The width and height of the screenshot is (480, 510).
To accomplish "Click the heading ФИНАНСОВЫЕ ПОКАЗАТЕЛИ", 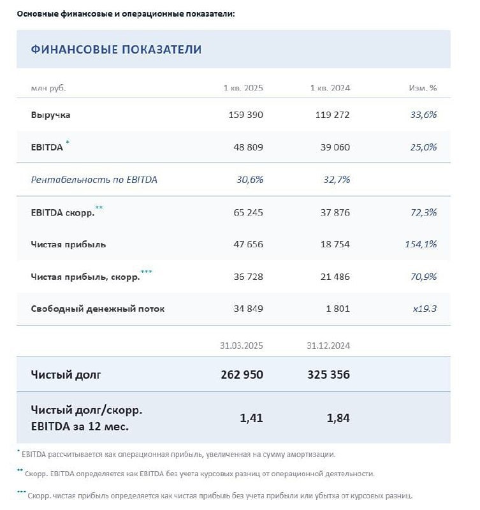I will [x=116, y=49].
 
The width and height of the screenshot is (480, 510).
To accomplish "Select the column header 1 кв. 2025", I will [x=243, y=88].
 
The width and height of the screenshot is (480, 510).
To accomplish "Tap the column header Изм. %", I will [x=423, y=88].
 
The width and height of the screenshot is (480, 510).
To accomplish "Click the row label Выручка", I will [x=50, y=115].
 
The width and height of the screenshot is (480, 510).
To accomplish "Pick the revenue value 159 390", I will [x=245, y=115].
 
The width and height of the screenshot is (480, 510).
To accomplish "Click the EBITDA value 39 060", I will [x=333, y=147].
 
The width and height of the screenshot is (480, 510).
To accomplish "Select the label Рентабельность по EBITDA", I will [x=94, y=180].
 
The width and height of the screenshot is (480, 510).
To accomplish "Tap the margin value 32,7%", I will [x=336, y=180].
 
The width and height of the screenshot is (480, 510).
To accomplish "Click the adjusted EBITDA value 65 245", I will [x=245, y=212].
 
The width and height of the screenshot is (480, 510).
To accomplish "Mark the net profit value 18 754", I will [x=333, y=244].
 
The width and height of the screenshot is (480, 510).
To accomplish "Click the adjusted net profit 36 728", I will [x=245, y=277].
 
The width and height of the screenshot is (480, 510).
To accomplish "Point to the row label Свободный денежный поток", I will [x=98, y=309].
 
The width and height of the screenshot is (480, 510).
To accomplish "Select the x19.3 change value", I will [x=425, y=309].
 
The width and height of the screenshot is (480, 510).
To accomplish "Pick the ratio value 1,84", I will [x=337, y=418].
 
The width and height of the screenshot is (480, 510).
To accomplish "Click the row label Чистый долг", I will [x=66, y=375].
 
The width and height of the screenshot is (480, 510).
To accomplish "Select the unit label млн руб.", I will [x=48, y=88].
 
